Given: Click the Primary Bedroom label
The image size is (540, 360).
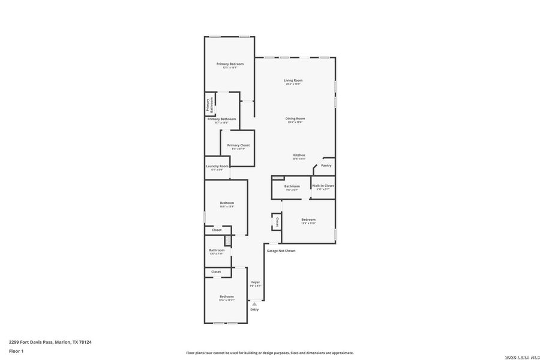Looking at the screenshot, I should coord(230,64).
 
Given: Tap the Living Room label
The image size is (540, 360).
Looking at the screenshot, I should coord(293,80).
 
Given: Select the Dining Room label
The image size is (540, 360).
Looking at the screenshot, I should coord(295,118).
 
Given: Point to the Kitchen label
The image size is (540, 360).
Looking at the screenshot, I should coord(299,155).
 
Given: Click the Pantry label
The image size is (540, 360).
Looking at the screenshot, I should coord(326,166).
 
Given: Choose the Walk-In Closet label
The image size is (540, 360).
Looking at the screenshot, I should coord(323,186).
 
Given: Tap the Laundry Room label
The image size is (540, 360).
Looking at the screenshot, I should coord(217,166).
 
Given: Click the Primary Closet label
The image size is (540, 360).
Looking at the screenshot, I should coord(238,145).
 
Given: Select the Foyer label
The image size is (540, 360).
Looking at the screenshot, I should coord(256,282).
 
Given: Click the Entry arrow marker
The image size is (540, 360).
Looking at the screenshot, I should coord(254,304).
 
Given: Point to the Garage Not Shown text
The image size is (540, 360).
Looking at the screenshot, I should coord(281,251).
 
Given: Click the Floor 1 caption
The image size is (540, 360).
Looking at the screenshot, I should coord(16,351).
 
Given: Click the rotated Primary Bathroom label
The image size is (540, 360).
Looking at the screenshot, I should coord(210,105).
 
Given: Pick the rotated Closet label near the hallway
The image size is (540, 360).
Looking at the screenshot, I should coord(277,222).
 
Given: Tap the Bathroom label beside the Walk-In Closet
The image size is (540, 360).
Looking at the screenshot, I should coord(292,186).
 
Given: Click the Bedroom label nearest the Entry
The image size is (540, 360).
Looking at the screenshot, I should coord(226,296).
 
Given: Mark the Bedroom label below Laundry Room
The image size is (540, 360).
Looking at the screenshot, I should coord(227,203).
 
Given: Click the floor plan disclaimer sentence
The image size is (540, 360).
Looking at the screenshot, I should coord(269,353).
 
